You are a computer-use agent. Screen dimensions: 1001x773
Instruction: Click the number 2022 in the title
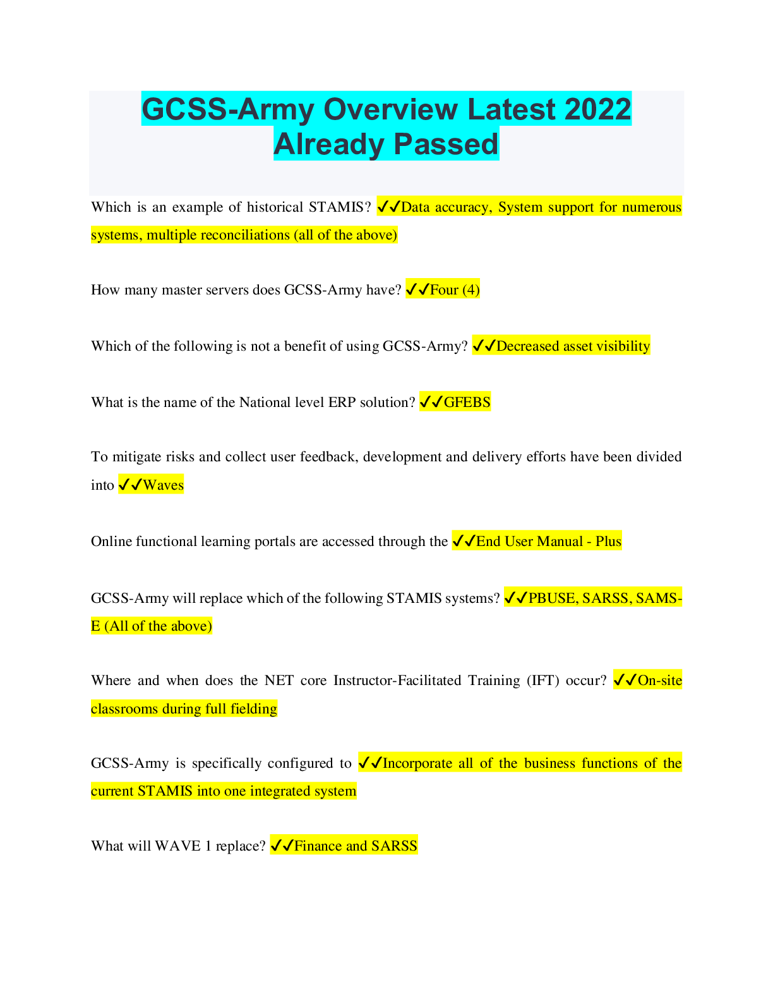597,109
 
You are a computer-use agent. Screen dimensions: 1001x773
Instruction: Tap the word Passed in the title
447,144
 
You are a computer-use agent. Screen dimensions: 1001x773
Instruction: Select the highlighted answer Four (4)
454,290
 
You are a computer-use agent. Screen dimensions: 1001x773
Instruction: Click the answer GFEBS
467,403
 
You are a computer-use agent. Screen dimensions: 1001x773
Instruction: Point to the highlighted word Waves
163,485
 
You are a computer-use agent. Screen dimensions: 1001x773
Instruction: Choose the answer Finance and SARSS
356,846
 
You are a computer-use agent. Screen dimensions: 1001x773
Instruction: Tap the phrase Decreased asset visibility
573,346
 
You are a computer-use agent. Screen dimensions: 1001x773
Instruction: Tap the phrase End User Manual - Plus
548,542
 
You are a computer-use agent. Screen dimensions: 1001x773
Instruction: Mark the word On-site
660,681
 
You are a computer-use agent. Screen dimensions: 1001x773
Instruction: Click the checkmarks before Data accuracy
388,207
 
